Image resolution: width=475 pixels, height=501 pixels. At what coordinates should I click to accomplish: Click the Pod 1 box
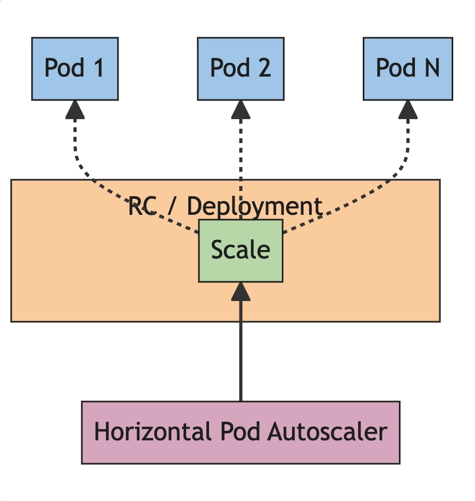point(75,69)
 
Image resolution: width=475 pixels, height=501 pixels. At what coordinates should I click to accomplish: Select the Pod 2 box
point(241,69)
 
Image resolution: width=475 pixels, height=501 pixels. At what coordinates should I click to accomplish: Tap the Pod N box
point(408,69)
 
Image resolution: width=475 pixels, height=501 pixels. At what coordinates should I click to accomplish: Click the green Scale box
point(241,251)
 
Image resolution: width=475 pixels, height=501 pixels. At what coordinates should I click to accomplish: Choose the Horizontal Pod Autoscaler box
point(241,432)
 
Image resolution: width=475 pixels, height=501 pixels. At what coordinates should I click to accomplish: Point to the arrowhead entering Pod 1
point(75,110)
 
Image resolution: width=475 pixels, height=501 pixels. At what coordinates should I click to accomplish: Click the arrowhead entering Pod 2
point(241,110)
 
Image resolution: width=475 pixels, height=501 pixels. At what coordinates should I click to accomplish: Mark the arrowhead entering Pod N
point(408,110)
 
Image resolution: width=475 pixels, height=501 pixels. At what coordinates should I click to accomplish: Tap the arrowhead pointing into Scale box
point(241,291)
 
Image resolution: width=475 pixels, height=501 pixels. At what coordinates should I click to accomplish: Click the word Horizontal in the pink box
point(153,432)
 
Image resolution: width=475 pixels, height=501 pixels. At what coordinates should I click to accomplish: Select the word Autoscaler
point(327,432)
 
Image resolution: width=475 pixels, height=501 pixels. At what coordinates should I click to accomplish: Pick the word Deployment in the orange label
point(254,207)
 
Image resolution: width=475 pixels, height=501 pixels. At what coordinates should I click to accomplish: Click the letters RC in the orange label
point(142,206)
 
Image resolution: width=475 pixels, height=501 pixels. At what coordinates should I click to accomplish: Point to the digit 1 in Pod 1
point(99,68)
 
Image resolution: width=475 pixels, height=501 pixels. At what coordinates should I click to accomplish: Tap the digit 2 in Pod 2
point(265,68)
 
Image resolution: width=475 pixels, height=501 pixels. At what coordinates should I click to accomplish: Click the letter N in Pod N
point(432,68)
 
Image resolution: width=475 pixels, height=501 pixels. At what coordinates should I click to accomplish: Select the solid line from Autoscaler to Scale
point(241,351)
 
